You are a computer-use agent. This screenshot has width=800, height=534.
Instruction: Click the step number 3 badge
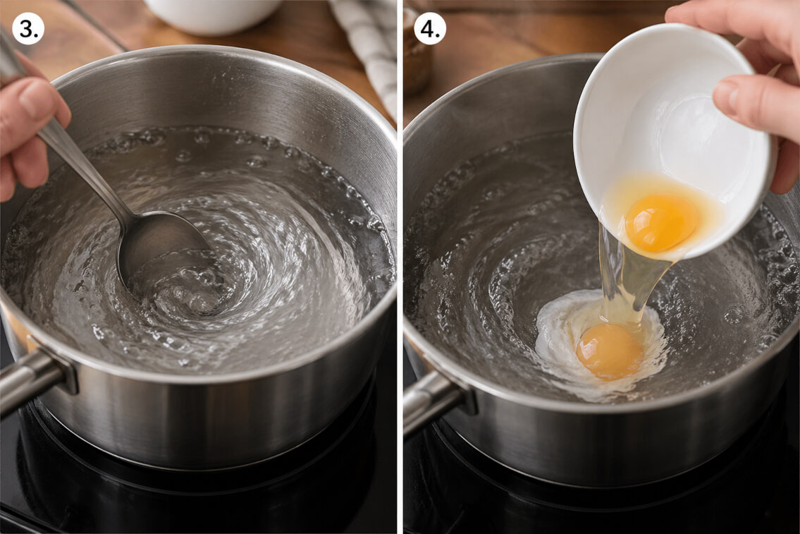pos(29,29)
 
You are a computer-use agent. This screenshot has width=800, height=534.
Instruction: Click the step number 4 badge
pos(430,29)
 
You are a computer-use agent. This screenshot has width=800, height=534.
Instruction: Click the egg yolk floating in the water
pos(610,351)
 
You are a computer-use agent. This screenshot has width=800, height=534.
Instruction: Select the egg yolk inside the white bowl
pos(661,222)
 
